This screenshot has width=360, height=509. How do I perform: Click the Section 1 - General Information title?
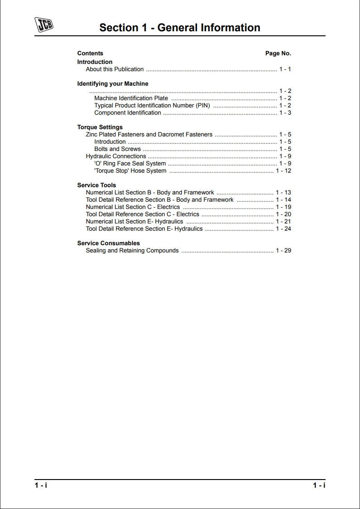pos(180,28)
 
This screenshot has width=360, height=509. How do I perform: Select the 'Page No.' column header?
pos(278,53)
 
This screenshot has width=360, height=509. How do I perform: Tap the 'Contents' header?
pos(90,53)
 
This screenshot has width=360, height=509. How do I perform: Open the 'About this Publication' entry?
pos(115,69)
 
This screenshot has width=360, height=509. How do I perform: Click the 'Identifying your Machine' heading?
pos(113,84)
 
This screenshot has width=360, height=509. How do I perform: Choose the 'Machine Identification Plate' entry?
pos(131,98)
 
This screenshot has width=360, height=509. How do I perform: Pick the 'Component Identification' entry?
pos(127,113)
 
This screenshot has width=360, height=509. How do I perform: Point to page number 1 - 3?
pos(285,113)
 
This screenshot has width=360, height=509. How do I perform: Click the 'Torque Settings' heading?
pos(100,127)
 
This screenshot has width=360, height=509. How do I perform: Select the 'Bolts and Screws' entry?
pos(117,149)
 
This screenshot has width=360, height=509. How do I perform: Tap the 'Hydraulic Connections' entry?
pos(116,156)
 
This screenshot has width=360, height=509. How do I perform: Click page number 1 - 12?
pos(283,171)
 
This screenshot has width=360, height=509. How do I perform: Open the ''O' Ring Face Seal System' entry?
pos(130,164)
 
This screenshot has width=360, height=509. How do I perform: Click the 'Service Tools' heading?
pos(96,185)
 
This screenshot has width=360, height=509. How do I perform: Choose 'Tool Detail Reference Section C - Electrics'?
pos(142,214)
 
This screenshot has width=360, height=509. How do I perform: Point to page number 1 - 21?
pos(283,222)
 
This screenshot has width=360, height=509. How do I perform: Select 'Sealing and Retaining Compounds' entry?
pos(132,251)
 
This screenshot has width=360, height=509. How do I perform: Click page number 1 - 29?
pos(283,251)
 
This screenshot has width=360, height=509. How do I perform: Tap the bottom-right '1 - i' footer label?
pos(319,485)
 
